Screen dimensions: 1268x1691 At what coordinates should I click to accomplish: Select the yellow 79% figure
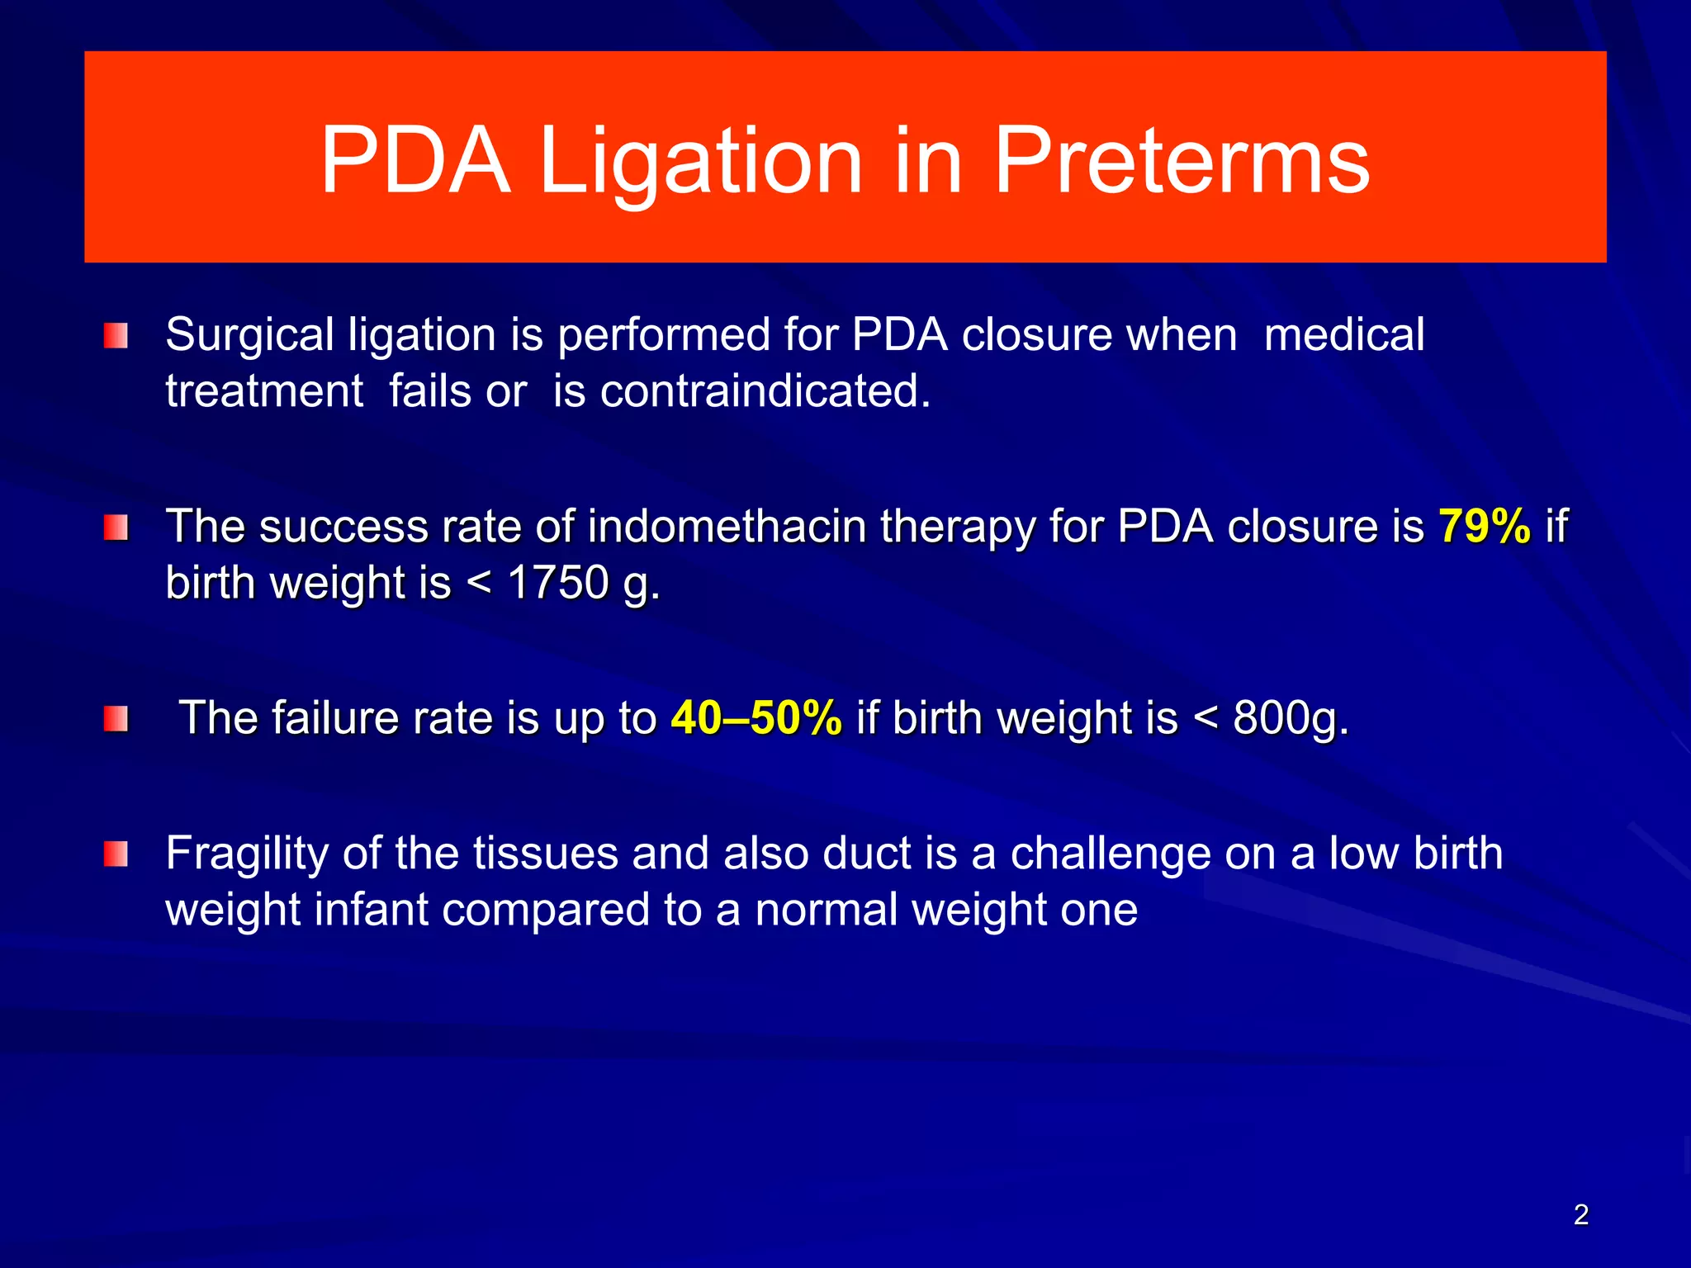coord(1484,526)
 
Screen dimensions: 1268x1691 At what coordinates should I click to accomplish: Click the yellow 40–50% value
coord(756,717)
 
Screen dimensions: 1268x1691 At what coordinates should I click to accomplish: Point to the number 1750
coord(558,583)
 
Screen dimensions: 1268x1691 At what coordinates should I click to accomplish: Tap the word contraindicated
coord(765,390)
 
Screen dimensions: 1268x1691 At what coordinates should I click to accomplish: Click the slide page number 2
coord(1580,1214)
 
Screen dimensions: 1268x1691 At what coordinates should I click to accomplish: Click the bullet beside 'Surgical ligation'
coord(116,336)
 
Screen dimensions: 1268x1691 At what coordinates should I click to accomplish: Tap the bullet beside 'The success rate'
coord(116,528)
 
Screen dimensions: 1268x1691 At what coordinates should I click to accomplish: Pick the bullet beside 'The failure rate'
coord(116,719)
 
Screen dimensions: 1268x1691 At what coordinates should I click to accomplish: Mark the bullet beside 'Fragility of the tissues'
coord(116,854)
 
